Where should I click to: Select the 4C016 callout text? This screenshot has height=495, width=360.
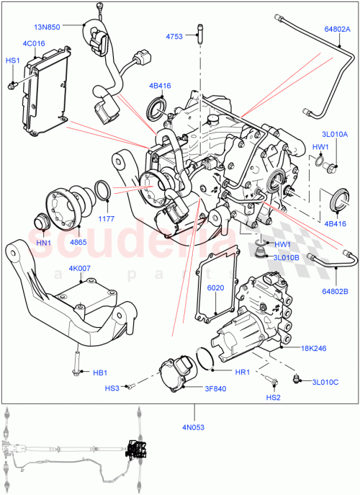click(x=34, y=44)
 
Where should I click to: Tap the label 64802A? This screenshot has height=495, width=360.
click(x=336, y=30)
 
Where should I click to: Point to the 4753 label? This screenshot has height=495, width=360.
click(x=174, y=35)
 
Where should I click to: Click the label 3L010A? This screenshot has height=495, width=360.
click(x=335, y=134)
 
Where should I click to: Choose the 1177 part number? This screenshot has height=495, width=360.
click(x=107, y=218)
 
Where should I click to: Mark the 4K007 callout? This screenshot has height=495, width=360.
click(x=81, y=268)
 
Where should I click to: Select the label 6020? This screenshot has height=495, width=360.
click(x=216, y=288)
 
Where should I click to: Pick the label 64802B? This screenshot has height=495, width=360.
click(x=336, y=291)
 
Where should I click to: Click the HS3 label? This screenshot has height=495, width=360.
click(x=112, y=388)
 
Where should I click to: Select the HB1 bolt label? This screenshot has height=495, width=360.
click(x=100, y=373)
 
